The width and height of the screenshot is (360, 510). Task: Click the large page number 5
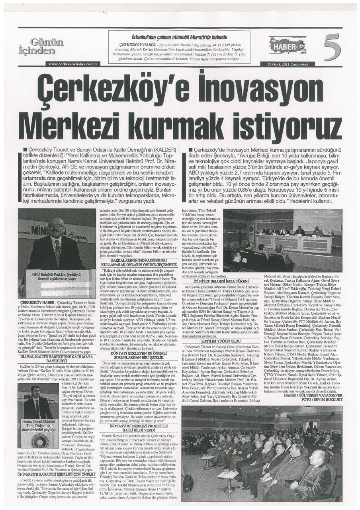[x=333, y=47]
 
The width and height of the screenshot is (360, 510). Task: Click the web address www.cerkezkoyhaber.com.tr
[x=73, y=64]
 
